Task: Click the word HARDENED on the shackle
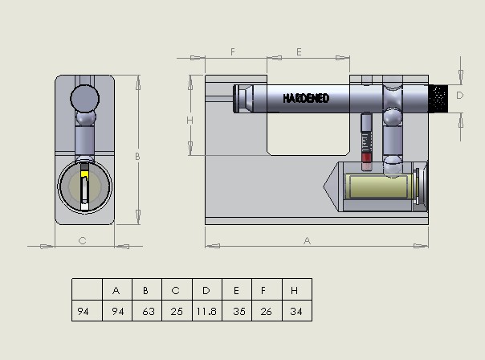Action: pyautogui.click(x=306, y=98)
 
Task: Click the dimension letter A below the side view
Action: pyautogui.click(x=307, y=240)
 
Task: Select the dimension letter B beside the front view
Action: pyautogui.click(x=137, y=157)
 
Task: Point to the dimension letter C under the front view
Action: pyautogui.click(x=82, y=240)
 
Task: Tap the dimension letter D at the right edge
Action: pyautogui.click(x=459, y=96)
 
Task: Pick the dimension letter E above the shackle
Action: pyautogui.click(x=299, y=51)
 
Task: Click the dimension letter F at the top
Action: pyautogui.click(x=233, y=51)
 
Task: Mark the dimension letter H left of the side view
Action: pyautogui.click(x=190, y=120)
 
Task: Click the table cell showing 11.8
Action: pyautogui.click(x=207, y=311)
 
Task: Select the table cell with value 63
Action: pyautogui.click(x=147, y=311)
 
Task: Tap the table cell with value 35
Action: pyautogui.click(x=237, y=311)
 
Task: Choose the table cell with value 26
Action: pyautogui.click(x=267, y=311)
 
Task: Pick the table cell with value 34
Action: pyautogui.click(x=297, y=311)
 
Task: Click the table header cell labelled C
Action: pyautogui.click(x=177, y=289)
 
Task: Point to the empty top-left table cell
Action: pyautogui.click(x=87, y=289)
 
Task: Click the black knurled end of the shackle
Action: pyautogui.click(x=438, y=99)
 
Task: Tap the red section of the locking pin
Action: pyautogui.click(x=366, y=157)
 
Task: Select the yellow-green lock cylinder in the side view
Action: pyautogui.click(x=378, y=186)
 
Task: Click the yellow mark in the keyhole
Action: pyautogui.click(x=85, y=174)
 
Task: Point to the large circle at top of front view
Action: pyautogui.click(x=85, y=98)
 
